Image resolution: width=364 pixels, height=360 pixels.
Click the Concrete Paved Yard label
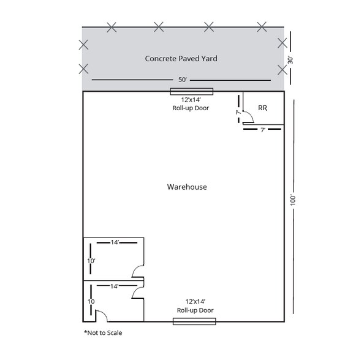(x=181, y=59)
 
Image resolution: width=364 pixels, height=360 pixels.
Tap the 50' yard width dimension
(x=182, y=80)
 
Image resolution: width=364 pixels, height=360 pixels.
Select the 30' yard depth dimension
(x=291, y=60)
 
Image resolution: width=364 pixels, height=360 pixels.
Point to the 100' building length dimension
(x=293, y=200)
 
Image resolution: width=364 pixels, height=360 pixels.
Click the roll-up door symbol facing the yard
(x=191, y=92)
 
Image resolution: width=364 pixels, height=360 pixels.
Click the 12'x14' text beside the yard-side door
(x=191, y=99)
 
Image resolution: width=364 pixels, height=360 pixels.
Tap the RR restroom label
(x=262, y=108)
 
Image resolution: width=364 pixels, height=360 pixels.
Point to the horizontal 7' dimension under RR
(x=262, y=130)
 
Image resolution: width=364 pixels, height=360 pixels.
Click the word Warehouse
(x=186, y=187)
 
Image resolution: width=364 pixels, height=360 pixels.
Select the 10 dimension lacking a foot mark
(x=91, y=302)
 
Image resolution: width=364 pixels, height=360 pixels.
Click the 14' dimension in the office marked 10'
(x=115, y=242)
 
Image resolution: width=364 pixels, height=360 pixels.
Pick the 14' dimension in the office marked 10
(x=115, y=285)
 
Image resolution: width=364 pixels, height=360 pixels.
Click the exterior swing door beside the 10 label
(x=102, y=316)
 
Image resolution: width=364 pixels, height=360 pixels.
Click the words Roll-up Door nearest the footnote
(x=195, y=310)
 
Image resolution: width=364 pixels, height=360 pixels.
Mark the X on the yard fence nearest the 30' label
(x=282, y=43)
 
